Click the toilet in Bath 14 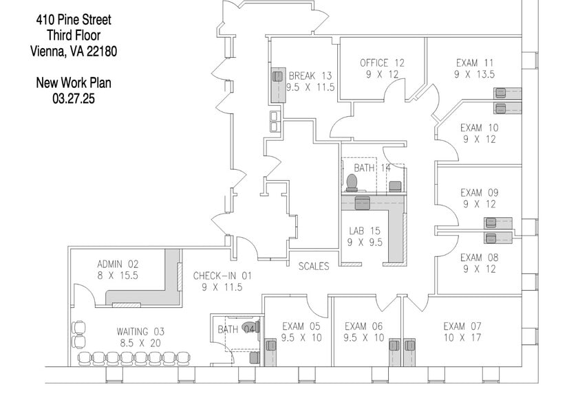click(x=352, y=183)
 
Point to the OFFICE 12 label click(x=382, y=63)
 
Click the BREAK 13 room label click(x=310, y=76)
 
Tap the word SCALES click(x=313, y=266)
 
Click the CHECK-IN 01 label click(x=222, y=276)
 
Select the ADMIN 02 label click(x=118, y=263)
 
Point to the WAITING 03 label click(x=140, y=331)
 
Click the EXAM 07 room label click(x=463, y=326)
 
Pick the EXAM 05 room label click(x=301, y=326)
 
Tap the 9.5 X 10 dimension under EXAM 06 click(x=365, y=337)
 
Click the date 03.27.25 click(x=74, y=98)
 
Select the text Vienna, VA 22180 click(x=74, y=50)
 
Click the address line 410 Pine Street click(x=74, y=20)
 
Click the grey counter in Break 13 click(x=277, y=85)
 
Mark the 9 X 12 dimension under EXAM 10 click(x=480, y=139)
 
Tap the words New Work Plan click(x=74, y=83)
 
